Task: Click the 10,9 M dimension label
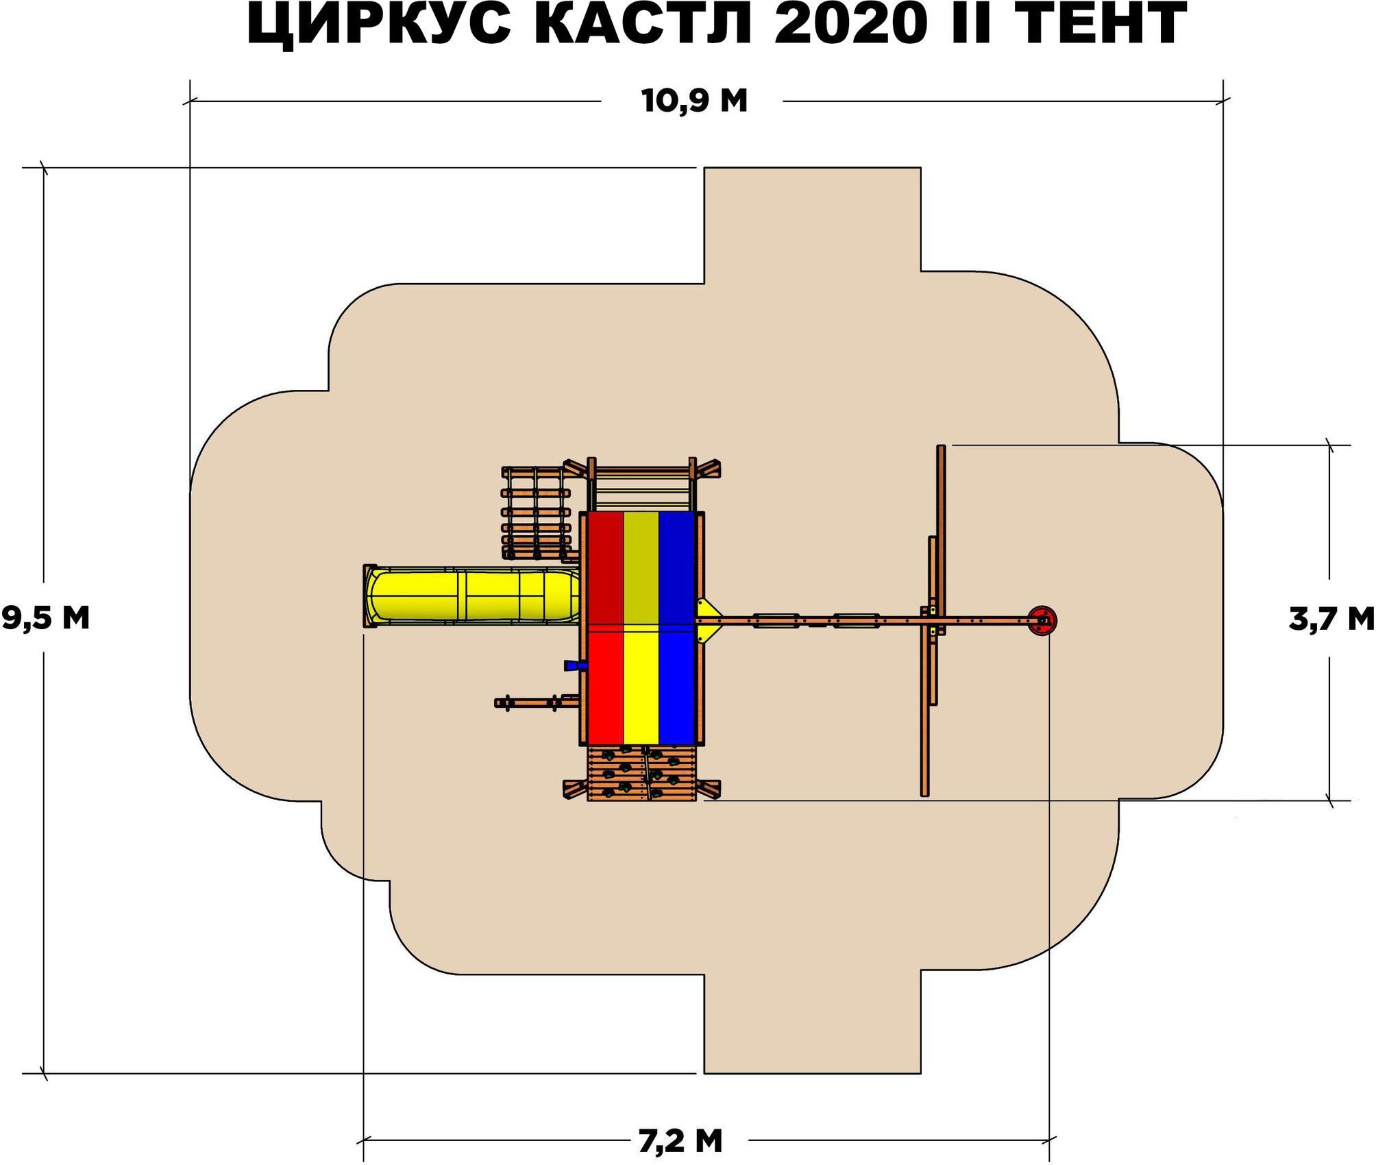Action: click(x=694, y=101)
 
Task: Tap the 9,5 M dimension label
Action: click(x=45, y=617)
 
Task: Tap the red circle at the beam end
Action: click(x=1042, y=621)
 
